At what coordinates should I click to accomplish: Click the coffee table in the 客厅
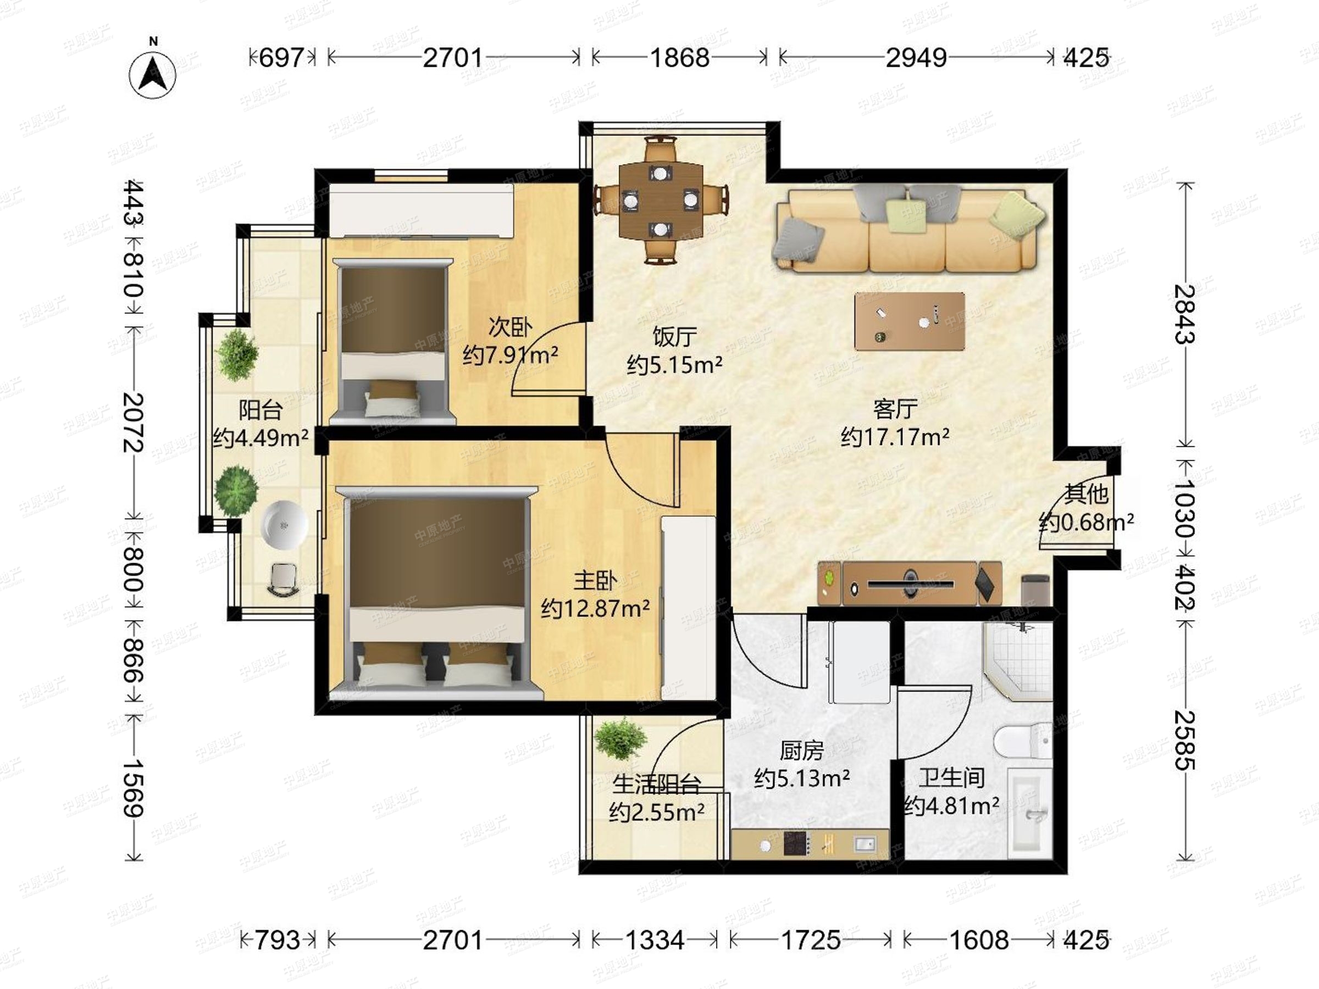(910, 321)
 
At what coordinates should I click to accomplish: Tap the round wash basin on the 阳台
(285, 525)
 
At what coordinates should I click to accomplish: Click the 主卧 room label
(595, 580)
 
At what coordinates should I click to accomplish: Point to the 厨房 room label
(802, 751)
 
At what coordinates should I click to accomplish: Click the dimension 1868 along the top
(680, 58)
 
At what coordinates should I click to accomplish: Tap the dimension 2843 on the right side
(1184, 314)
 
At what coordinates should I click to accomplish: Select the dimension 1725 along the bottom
(811, 940)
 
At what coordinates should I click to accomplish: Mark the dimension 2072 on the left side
(133, 421)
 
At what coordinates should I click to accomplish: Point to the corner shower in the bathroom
(1018, 661)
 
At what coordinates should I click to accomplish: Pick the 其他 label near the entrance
(1087, 493)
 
